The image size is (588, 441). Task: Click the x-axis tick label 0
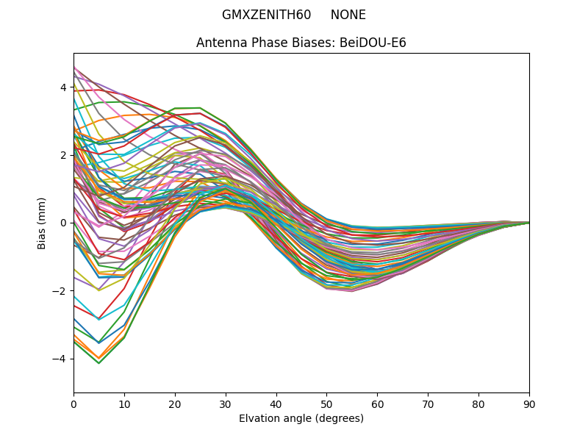point(73,404)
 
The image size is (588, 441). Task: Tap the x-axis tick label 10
point(124,404)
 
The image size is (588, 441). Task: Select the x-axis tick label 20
point(175,404)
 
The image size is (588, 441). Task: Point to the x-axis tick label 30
point(226,404)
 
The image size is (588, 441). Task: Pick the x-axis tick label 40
point(276,404)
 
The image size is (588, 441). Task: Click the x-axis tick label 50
point(326,404)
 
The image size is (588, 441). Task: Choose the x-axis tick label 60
point(377,404)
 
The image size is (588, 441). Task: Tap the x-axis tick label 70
point(428,404)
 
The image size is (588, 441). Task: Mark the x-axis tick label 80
point(478,404)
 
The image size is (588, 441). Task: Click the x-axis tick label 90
point(529,404)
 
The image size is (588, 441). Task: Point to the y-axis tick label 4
point(63,87)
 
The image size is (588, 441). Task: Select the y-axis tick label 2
point(63,155)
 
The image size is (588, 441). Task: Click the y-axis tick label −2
point(60,290)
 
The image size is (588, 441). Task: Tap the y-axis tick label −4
point(60,359)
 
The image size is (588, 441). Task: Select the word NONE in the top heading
point(348,15)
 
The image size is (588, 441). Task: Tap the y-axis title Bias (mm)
point(42,223)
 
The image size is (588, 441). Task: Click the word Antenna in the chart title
point(218,43)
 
